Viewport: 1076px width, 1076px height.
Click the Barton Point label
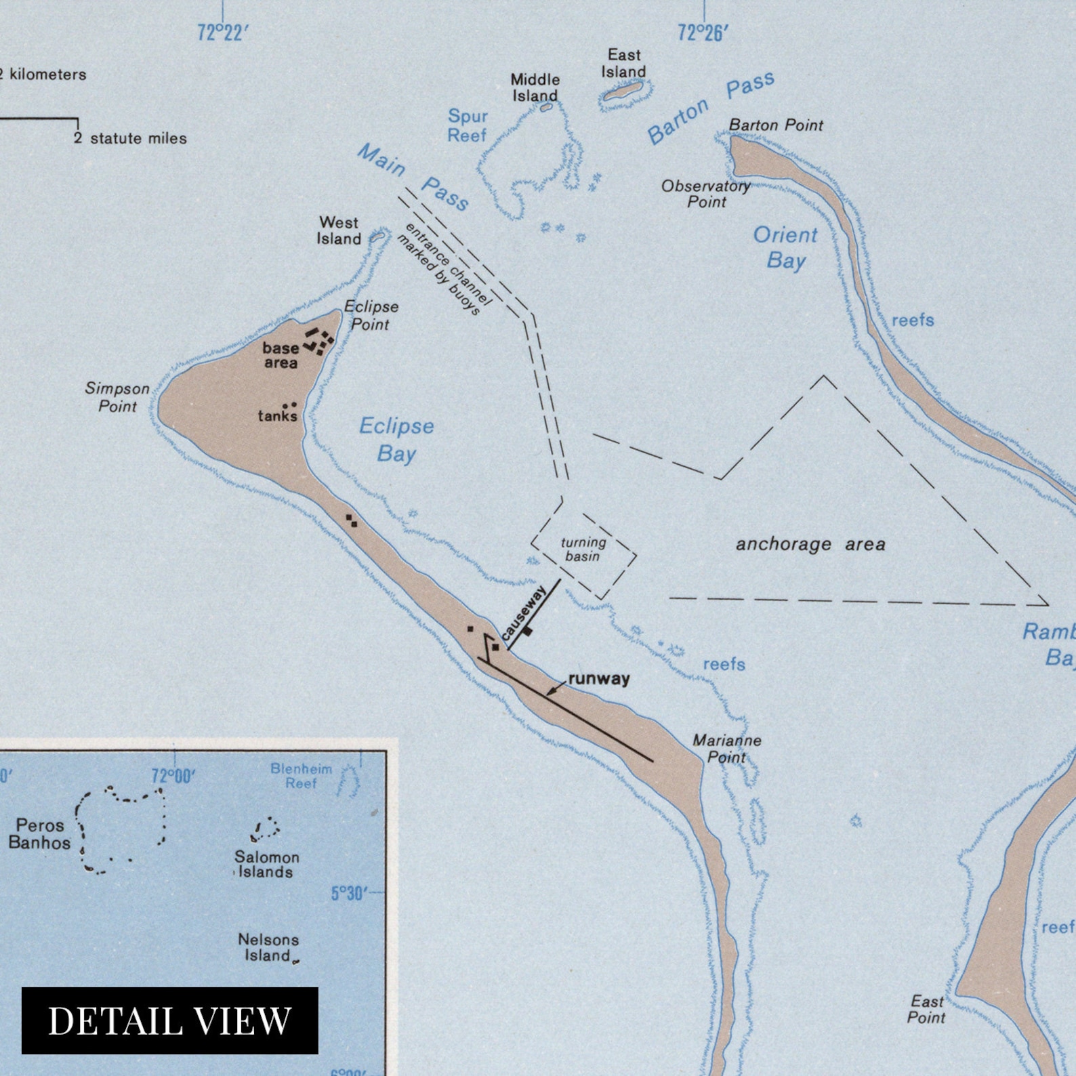[776, 125]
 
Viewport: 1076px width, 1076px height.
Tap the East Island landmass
[624, 91]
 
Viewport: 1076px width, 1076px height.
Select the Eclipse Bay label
[396, 440]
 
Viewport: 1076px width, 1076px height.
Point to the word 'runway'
[599, 678]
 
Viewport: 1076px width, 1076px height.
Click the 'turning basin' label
[583, 549]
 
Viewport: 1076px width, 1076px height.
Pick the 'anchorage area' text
[810, 544]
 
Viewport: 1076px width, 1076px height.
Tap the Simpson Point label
[117, 397]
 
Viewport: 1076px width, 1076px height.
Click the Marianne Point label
[726, 749]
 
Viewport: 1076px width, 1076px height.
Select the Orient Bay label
[785, 248]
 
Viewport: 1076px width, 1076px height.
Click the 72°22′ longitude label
[220, 33]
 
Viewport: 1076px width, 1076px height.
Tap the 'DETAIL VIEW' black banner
[169, 1020]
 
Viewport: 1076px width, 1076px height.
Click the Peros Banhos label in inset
[40, 834]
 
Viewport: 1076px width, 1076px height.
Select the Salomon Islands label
[267, 864]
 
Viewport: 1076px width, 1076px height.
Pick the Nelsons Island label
[268, 947]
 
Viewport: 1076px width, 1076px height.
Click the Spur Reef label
[468, 125]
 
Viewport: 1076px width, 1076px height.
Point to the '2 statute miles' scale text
[131, 138]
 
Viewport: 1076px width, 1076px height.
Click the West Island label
[339, 230]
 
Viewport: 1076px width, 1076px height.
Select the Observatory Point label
[706, 193]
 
